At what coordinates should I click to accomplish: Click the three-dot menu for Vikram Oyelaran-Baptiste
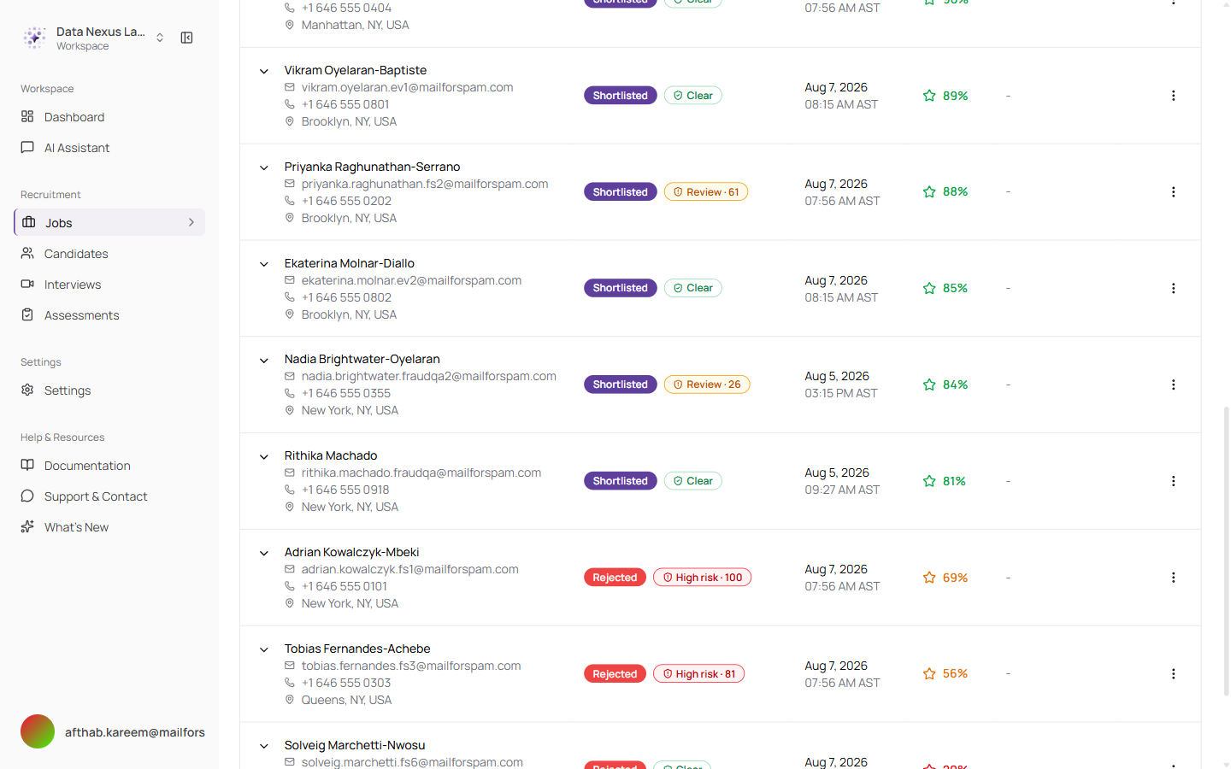(1173, 96)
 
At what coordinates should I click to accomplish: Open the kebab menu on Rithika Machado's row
(1173, 481)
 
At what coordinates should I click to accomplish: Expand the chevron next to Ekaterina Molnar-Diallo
(264, 264)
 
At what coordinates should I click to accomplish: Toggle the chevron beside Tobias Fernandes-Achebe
(264, 649)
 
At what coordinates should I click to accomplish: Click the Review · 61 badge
(705, 191)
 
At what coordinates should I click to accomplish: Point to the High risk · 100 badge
(702, 578)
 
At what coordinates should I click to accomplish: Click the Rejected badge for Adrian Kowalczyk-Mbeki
(615, 578)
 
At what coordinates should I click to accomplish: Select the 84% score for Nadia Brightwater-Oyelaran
(955, 384)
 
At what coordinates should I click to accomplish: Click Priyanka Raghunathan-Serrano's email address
(425, 184)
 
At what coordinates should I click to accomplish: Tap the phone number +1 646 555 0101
(344, 587)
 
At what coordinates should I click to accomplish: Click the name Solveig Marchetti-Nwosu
(355, 745)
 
